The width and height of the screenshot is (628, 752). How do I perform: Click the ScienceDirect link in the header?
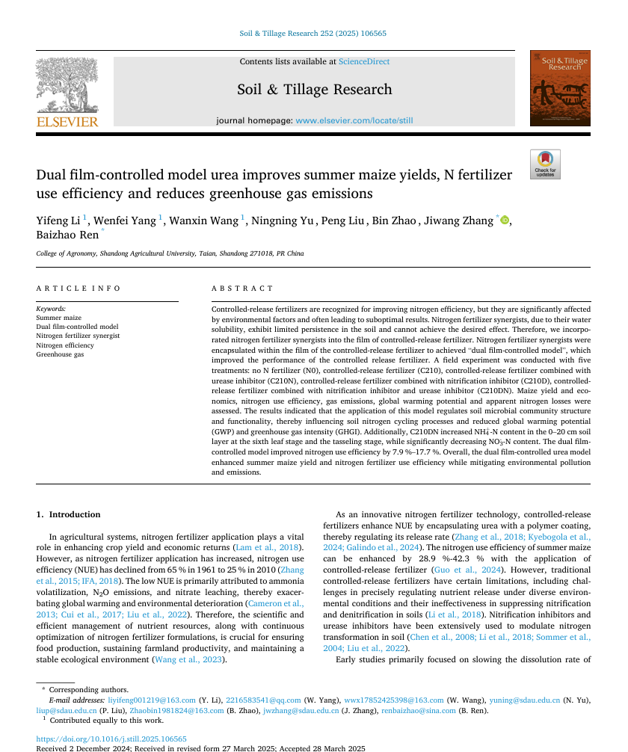tap(363, 61)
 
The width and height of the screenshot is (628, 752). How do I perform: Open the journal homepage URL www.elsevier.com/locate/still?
tap(354, 120)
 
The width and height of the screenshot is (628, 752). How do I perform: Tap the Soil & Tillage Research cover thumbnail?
tap(559, 88)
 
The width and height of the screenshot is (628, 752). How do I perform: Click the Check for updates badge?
tap(545, 164)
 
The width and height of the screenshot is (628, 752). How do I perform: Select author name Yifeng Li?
tap(58, 220)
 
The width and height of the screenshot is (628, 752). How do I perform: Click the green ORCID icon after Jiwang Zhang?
tap(505, 220)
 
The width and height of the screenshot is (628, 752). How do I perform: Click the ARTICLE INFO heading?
tap(78, 288)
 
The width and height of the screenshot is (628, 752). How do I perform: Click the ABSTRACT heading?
tap(242, 288)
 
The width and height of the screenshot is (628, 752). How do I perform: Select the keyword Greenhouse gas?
tap(60, 354)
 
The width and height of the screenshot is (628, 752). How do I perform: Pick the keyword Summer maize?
tap(59, 318)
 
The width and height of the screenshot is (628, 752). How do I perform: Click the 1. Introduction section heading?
tap(68, 514)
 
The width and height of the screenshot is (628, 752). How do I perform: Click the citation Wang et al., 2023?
tap(187, 659)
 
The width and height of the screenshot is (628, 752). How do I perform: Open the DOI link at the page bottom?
tap(111, 739)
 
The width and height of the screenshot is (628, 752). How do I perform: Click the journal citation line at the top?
tap(313, 34)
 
